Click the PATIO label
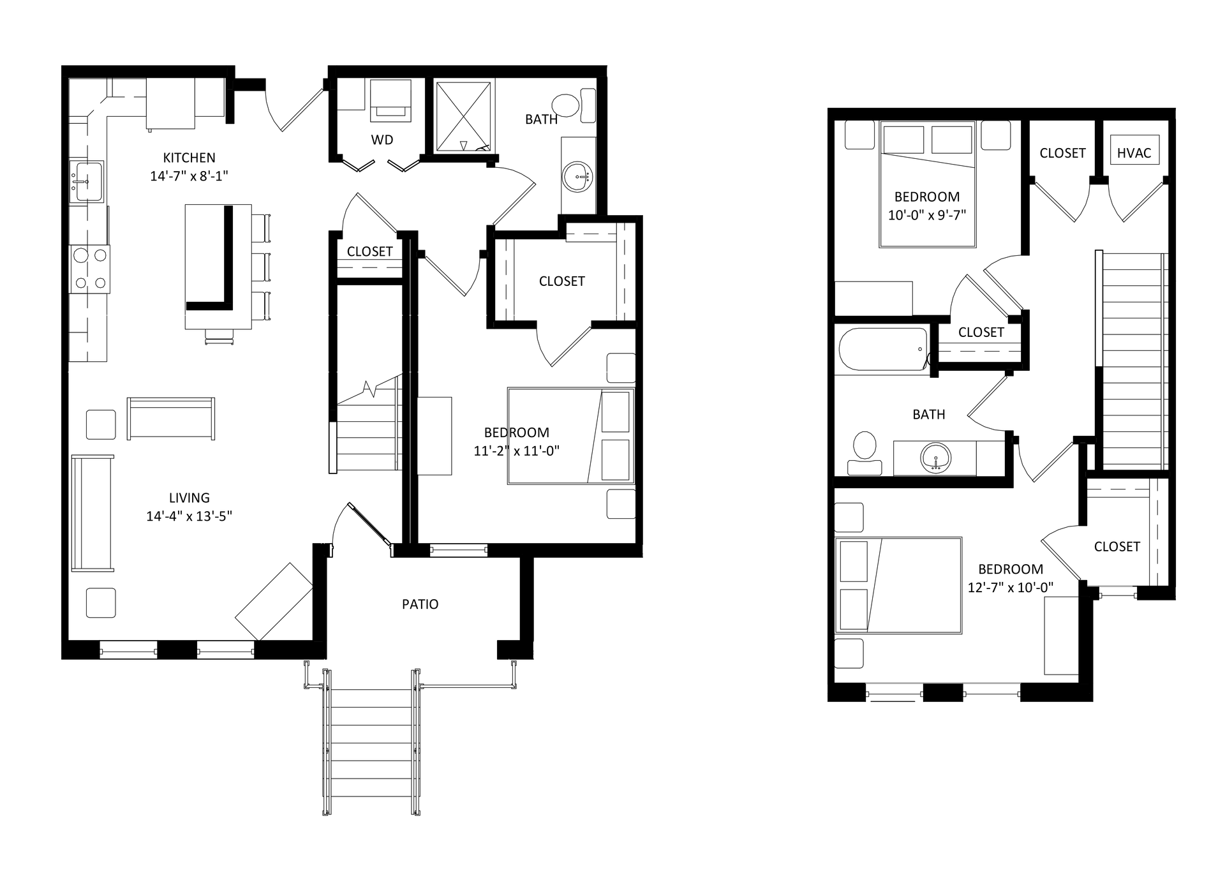click(x=420, y=604)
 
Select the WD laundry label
click(x=382, y=140)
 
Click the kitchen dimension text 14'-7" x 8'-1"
click(x=189, y=175)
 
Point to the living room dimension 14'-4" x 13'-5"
click(x=189, y=516)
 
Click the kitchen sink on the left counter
click(x=86, y=181)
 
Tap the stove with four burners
click(x=89, y=268)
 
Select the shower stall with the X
click(x=464, y=117)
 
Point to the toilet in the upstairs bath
click(x=865, y=453)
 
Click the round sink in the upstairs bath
click(x=936, y=458)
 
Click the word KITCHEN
click(x=189, y=158)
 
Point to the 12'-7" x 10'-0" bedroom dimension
click(x=1011, y=587)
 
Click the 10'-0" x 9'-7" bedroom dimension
click(x=927, y=215)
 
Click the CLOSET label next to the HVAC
click(x=1062, y=153)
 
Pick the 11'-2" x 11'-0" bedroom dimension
click(x=516, y=451)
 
